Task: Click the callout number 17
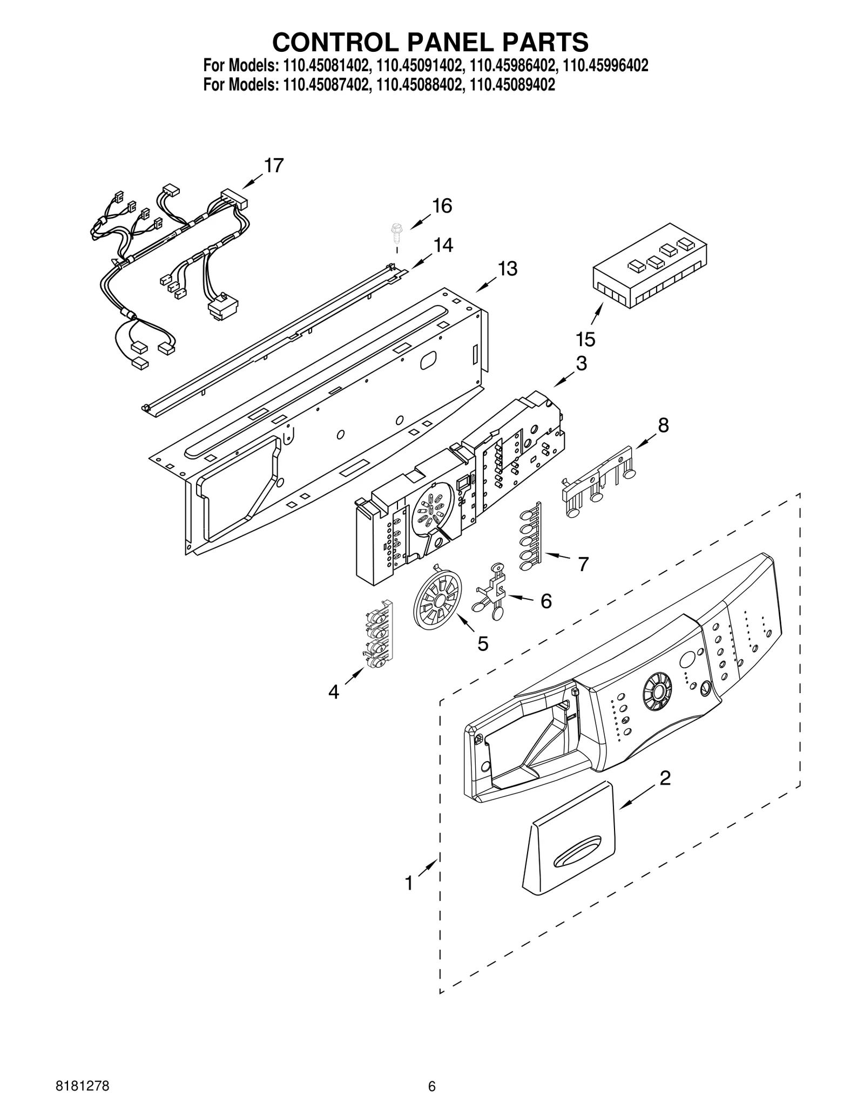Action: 274,166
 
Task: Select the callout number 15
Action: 585,340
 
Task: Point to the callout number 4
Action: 334,692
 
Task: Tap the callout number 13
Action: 507,268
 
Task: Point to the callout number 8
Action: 663,425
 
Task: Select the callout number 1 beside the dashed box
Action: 409,884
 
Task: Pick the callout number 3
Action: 581,363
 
